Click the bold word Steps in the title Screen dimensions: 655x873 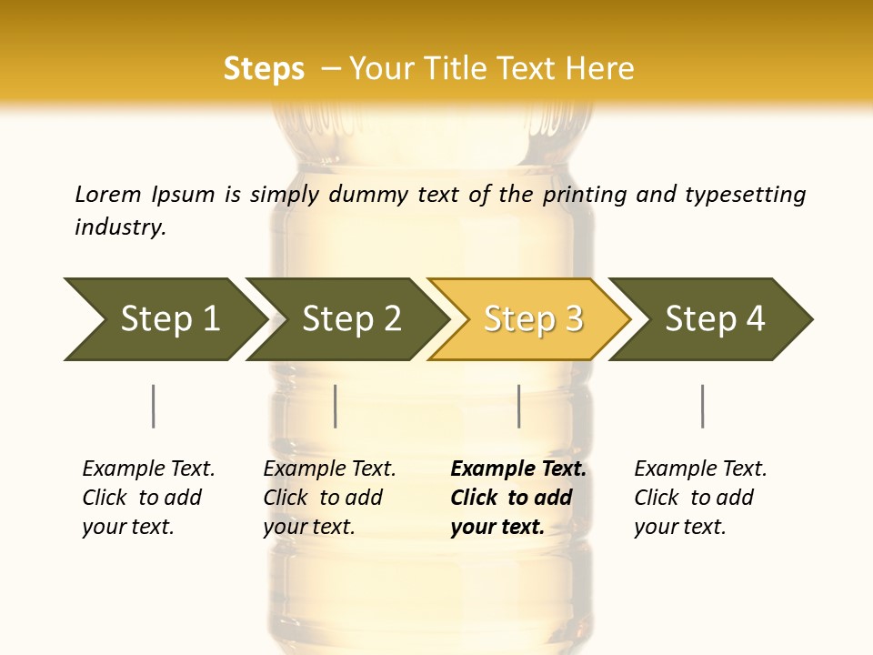pos(264,69)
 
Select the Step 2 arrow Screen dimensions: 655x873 pos(350,319)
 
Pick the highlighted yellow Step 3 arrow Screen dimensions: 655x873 pos(532,319)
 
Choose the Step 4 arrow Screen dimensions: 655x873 pos(714,319)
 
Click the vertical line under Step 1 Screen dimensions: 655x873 pos(153,406)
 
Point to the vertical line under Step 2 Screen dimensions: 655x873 pos(336,406)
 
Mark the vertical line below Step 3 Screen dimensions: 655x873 pos(518,406)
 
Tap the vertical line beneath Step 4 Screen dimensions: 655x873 pos(702,406)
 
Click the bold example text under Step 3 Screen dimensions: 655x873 pos(517,498)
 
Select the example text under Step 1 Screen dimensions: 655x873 pos(148,498)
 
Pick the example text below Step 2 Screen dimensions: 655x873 pos(329,498)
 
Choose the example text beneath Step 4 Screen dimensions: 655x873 pos(700,498)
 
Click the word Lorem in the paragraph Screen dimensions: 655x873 pos(108,195)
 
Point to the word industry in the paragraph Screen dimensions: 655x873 pos(120,227)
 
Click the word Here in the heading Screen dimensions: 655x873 pos(600,69)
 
